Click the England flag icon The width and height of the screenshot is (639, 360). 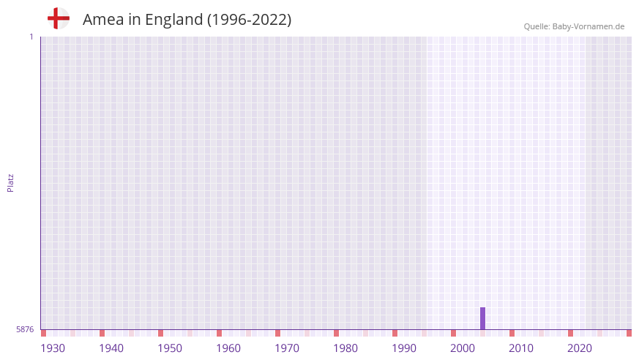point(59,18)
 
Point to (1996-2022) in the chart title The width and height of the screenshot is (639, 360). point(249,20)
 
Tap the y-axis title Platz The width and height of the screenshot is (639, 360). point(10,182)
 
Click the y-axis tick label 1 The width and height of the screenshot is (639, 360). point(31,37)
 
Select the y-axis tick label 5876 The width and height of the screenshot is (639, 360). point(25,330)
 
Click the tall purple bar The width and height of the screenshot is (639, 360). point(482,318)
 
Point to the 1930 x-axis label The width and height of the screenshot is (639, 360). point(53,348)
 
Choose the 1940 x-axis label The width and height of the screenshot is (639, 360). point(111,348)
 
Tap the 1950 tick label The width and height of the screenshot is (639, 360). point(170,348)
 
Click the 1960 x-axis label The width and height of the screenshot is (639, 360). point(228,348)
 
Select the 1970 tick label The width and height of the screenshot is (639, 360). point(287,348)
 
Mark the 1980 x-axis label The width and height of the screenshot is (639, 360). point(345,348)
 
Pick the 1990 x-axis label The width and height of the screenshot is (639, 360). point(404,348)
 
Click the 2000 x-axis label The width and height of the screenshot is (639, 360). point(463,348)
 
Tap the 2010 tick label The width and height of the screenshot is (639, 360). point(521,348)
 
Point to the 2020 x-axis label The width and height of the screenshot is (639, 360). point(580,348)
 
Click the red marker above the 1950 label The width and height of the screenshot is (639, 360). point(160,333)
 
